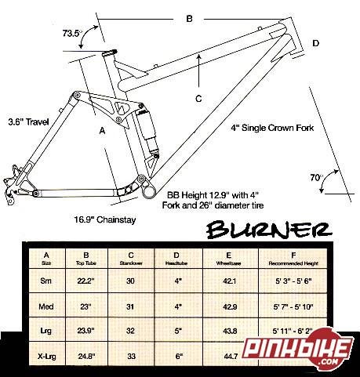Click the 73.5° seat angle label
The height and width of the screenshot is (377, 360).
pyautogui.click(x=71, y=33)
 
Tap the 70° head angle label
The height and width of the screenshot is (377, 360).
pyautogui.click(x=316, y=178)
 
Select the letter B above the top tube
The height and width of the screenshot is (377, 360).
pyautogui.click(x=189, y=19)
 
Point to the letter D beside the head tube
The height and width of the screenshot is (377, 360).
pyautogui.click(x=316, y=43)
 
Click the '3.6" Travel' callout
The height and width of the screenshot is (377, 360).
pyautogui.click(x=28, y=122)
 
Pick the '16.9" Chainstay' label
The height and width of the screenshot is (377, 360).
pyautogui.click(x=105, y=219)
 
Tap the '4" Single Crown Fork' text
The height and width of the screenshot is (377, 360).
pyautogui.click(x=272, y=128)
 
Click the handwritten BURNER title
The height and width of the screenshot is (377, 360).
pyautogui.click(x=269, y=230)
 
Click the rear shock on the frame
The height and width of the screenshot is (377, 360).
pyautogui.click(x=148, y=132)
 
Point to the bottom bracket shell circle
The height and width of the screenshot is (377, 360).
pyautogui.click(x=150, y=193)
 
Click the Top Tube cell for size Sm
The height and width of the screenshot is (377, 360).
pyautogui.click(x=86, y=281)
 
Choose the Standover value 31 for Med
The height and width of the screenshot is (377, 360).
pyautogui.click(x=130, y=306)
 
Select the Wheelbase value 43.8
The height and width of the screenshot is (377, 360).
pyautogui.click(x=230, y=331)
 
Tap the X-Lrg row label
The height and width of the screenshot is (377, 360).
pyautogui.click(x=46, y=356)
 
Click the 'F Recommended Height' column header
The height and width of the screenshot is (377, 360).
pyautogui.click(x=293, y=259)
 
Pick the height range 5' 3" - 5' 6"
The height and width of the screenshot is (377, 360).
pyautogui.click(x=293, y=281)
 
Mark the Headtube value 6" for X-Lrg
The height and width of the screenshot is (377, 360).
pyautogui.click(x=179, y=356)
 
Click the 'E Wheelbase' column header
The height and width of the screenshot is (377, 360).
pyautogui.click(x=228, y=259)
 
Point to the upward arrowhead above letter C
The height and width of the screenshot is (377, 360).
pyautogui.click(x=199, y=56)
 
